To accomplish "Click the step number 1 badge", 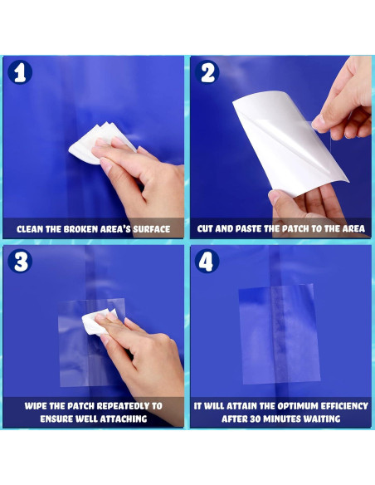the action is click(20, 72).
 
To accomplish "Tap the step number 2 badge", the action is click(207, 72).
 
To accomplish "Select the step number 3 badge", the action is click(20, 261).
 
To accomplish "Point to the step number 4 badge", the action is click(207, 261).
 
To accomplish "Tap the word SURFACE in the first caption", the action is click(151, 229).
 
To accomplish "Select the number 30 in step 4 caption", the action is click(256, 419).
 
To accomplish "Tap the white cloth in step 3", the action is click(97, 321).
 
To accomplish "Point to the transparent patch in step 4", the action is click(280, 334).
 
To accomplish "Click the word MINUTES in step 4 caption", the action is click(281, 419).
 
